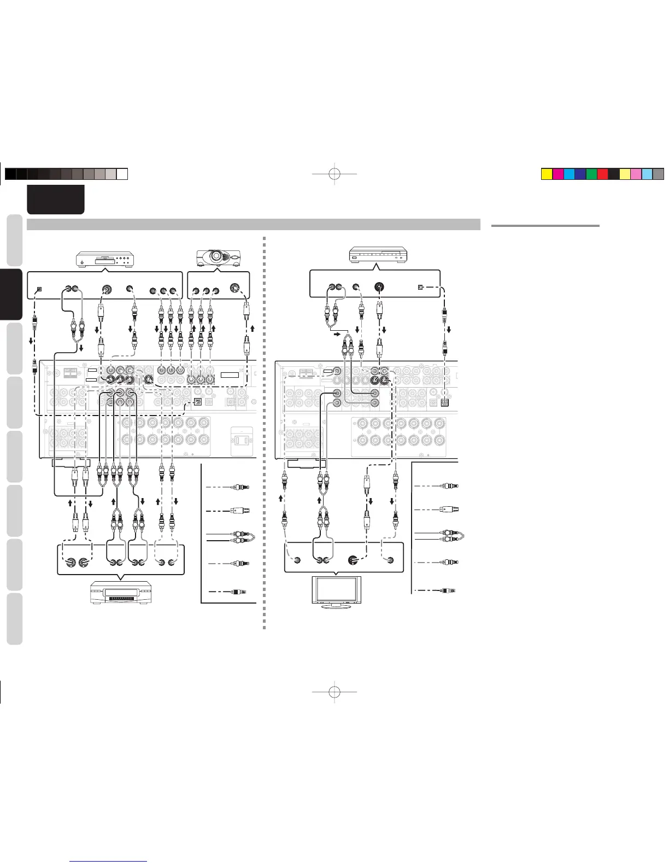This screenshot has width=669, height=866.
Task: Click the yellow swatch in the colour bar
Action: pyautogui.click(x=546, y=174)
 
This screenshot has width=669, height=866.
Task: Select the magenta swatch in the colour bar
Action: pyautogui.click(x=557, y=174)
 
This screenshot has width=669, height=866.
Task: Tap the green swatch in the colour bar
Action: pyautogui.click(x=591, y=174)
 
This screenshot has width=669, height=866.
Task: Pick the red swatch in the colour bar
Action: pyautogui.click(x=602, y=174)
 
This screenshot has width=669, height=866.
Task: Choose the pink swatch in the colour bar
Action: pyautogui.click(x=636, y=174)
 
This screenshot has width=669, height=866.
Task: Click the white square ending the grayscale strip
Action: pyautogui.click(x=122, y=174)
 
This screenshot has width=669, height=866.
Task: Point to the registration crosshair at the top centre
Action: pyautogui.click(x=335, y=174)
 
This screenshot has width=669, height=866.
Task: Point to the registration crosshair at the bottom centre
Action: pyautogui.click(x=335, y=692)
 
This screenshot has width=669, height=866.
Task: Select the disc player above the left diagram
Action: pyautogui.click(x=104, y=259)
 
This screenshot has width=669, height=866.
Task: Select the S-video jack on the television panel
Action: pyautogui.click(x=354, y=560)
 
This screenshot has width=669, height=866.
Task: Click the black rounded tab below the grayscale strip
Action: pyautogui.click(x=56, y=199)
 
